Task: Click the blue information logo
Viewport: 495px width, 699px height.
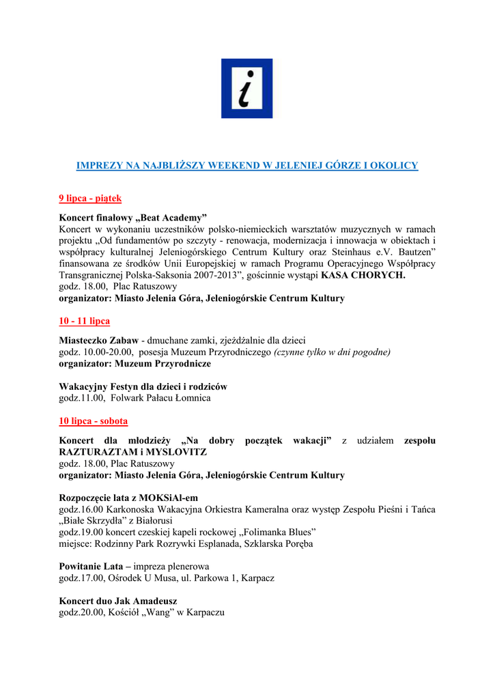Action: [246, 89]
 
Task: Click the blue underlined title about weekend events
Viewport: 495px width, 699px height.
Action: [246, 166]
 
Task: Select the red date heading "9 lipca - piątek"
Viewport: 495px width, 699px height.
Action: [90, 199]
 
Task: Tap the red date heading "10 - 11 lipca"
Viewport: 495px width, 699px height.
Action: [85, 321]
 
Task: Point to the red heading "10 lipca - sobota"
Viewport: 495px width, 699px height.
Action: [94, 421]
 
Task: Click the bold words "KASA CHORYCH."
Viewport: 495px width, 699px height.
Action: [363, 276]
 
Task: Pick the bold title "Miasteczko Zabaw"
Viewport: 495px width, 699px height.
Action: [98, 341]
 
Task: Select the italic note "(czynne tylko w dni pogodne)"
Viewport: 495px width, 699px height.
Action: [332, 352]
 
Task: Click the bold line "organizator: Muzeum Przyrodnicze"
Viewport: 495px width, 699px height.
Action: [135, 364]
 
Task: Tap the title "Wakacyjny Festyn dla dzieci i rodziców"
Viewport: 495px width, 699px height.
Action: [143, 386]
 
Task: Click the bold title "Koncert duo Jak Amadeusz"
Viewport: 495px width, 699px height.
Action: [118, 601]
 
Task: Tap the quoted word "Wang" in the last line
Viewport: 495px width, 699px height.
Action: [158, 612]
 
